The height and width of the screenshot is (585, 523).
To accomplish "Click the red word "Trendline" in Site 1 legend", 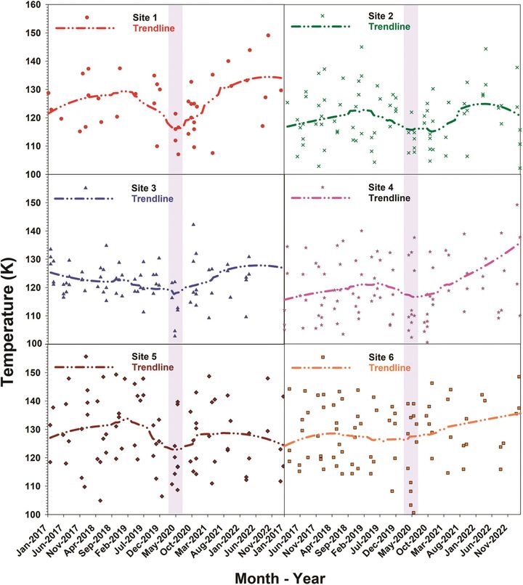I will point(154,28).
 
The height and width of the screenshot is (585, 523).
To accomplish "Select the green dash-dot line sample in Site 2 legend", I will point(320,27).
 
